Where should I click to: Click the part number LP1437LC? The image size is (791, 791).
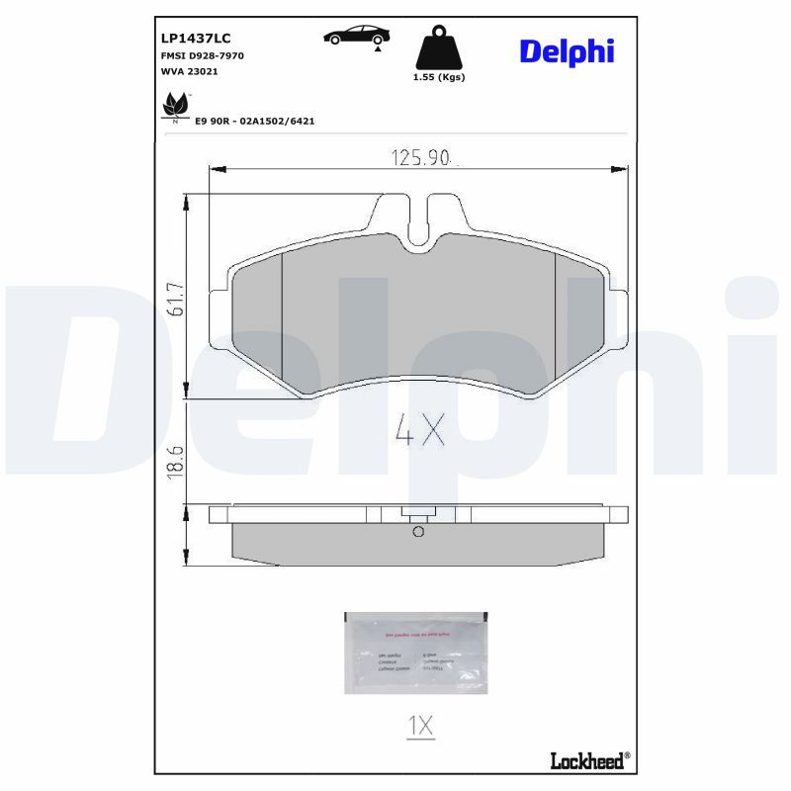tap(196, 38)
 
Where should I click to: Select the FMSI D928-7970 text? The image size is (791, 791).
tap(203, 55)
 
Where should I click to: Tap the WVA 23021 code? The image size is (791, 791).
tap(189, 72)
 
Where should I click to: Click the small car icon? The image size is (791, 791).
tap(357, 36)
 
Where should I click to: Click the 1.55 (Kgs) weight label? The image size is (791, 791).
tap(438, 77)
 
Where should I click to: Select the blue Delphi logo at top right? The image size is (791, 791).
tap(567, 50)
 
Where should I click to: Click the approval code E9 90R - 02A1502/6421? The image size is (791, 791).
tap(254, 120)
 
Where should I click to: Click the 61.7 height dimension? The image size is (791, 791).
tap(177, 297)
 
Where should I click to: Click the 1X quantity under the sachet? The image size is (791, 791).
tap(420, 726)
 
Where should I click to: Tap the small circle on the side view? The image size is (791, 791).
tap(417, 532)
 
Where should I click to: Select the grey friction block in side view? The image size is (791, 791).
tap(417, 545)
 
